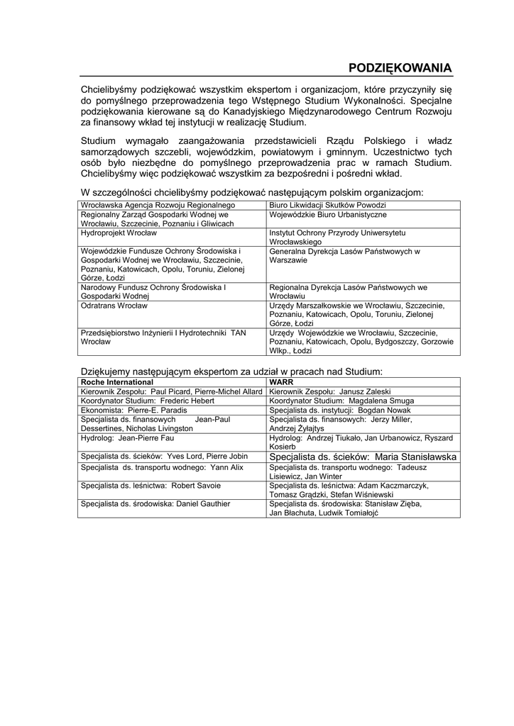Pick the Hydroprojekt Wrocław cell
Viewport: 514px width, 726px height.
[x=119, y=233]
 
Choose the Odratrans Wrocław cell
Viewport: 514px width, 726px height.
[x=114, y=306]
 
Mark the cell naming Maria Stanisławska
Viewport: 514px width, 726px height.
[x=362, y=457]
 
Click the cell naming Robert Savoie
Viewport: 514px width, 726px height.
[x=151, y=486]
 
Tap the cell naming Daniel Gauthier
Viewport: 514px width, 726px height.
[x=155, y=504]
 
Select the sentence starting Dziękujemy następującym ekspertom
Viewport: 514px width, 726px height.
[x=232, y=371]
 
